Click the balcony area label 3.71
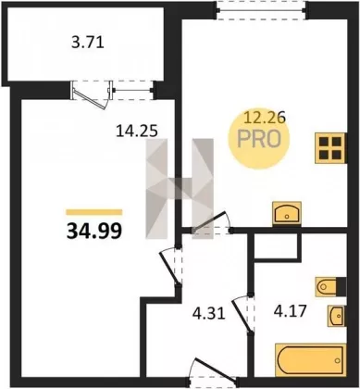coord(88,43)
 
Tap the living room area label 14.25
coord(137,132)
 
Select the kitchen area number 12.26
coord(265,118)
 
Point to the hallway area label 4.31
coord(209,313)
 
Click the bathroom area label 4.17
coord(290,311)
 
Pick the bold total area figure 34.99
coord(94,231)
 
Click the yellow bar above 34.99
coord(94,212)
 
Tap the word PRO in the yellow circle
coord(259,139)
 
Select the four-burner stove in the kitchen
coord(330,148)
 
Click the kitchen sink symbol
coord(287,213)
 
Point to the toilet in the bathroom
coord(330,287)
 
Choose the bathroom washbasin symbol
coord(337,316)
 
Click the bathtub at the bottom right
coord(310,359)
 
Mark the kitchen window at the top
coord(261,10)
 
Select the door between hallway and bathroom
coord(242,315)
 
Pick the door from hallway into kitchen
coord(210,221)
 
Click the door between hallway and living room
coord(169,268)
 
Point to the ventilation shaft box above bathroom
coord(277,245)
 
